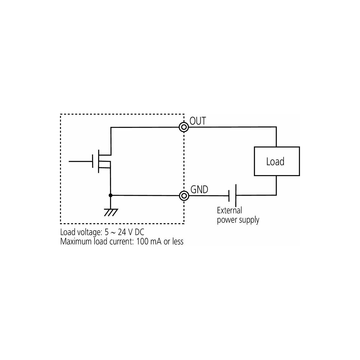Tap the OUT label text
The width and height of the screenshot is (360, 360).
198,121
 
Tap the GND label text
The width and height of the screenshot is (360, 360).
199,189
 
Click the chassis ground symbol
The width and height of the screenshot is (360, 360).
111,213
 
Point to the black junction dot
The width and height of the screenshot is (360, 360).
111,195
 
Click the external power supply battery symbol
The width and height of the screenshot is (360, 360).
232,195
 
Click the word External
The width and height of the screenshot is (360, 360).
229,210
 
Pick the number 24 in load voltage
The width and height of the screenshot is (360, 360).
122,232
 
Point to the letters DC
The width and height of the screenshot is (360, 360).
139,232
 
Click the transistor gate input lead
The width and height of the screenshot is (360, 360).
80,161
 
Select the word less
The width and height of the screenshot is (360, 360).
178,241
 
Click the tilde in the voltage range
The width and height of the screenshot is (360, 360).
113,232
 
